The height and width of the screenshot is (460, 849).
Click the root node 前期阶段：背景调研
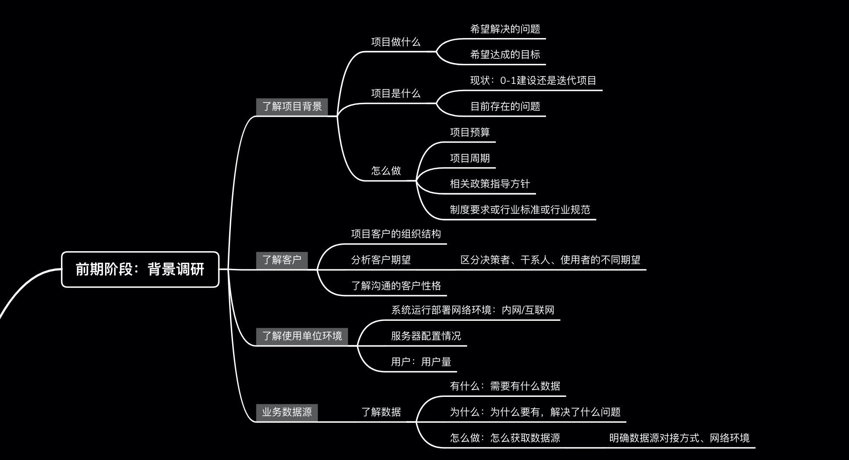(x=140, y=269)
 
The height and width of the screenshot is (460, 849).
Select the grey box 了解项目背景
(x=292, y=106)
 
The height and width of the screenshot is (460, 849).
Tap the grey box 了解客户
(x=281, y=260)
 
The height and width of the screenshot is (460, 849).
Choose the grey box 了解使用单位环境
(x=302, y=336)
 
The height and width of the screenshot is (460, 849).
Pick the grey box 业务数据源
(x=287, y=412)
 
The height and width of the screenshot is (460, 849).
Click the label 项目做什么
(x=396, y=42)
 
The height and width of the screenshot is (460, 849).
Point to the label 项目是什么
(x=396, y=93)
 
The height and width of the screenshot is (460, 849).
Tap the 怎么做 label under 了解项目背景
(x=386, y=171)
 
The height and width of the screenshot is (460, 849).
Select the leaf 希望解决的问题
(x=505, y=29)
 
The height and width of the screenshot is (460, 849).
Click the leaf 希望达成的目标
(x=505, y=54)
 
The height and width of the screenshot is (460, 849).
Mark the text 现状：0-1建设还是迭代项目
(x=533, y=80)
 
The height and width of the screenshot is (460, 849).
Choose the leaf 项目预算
(x=469, y=132)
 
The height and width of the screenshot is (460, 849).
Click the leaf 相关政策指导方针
(x=490, y=184)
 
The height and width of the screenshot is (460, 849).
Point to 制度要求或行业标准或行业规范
(x=520, y=210)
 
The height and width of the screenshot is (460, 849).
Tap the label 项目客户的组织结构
(x=396, y=234)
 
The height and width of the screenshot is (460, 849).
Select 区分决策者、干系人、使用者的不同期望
(x=550, y=260)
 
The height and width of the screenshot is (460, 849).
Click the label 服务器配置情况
(x=426, y=336)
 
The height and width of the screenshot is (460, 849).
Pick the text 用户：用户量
(x=421, y=362)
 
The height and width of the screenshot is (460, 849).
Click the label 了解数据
(x=381, y=412)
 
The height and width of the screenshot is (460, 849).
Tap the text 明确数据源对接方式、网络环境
(x=679, y=438)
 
